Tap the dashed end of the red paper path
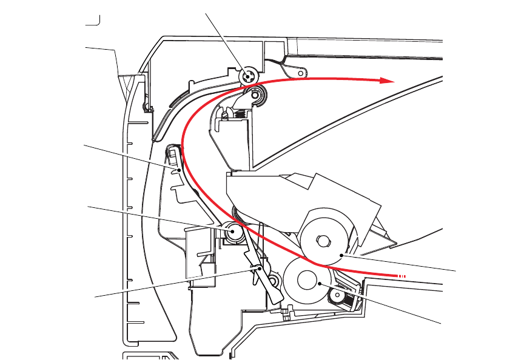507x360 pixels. point(401,276)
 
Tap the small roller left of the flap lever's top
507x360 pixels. point(233,231)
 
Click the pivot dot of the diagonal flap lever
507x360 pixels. point(261,267)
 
